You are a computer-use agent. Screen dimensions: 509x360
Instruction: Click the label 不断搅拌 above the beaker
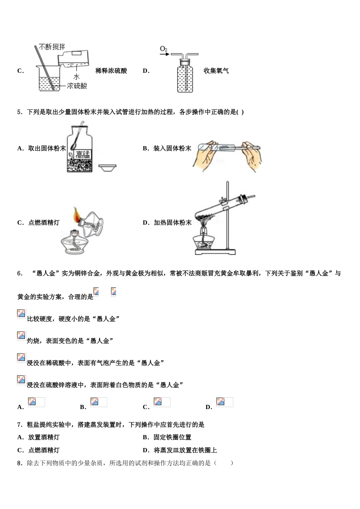pos(52,47)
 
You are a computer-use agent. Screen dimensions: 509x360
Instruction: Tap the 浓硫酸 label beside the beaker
pos(77,86)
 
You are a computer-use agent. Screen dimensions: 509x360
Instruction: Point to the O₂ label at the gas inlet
pos(164,49)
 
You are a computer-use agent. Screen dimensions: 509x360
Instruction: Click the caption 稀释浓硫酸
pos(111,71)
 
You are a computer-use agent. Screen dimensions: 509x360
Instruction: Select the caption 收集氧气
pos(216,71)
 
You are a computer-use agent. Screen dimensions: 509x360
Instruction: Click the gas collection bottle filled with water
pos(185,79)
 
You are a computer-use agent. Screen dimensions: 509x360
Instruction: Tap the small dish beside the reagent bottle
pos(107,167)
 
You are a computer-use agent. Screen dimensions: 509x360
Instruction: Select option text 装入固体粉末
pos(172,148)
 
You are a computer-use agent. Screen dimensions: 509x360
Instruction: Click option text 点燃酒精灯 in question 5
pos(44,223)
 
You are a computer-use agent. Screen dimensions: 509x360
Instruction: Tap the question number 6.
pos(20,273)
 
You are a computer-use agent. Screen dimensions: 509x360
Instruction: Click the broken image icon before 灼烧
pos(22,336)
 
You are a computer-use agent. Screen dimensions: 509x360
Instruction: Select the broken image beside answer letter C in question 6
pos(162,402)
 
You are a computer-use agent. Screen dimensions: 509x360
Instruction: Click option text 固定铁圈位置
pos(172,437)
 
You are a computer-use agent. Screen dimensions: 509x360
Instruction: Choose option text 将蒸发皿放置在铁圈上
pos(185,450)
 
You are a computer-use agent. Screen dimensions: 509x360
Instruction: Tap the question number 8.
pos(20,463)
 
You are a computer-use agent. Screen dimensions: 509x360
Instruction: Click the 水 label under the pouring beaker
pos(77,77)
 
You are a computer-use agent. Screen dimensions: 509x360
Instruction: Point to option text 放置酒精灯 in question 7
pos(44,437)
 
